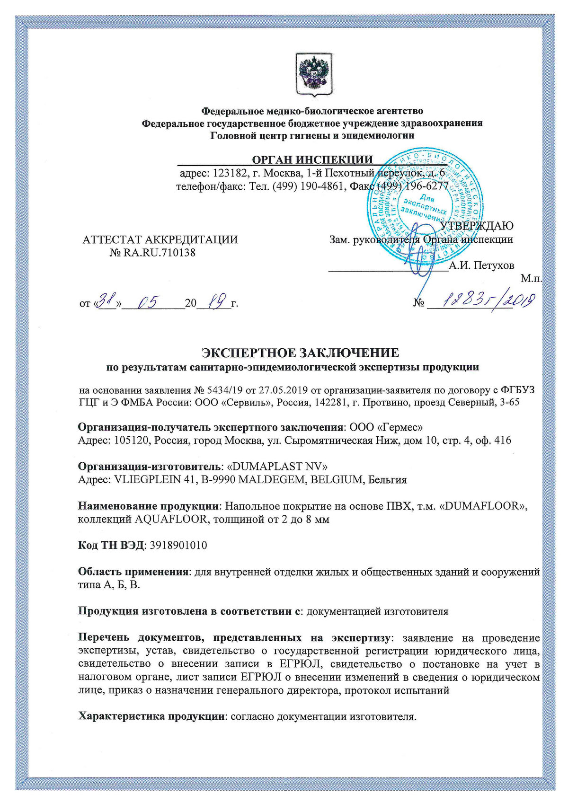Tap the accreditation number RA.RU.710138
click(x=159, y=252)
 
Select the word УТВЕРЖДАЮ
click(x=477, y=226)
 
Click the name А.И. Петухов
click(x=481, y=265)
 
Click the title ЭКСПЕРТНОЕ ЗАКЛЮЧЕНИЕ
click(x=301, y=353)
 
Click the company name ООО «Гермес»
click(x=385, y=427)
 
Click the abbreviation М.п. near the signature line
click(x=532, y=279)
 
